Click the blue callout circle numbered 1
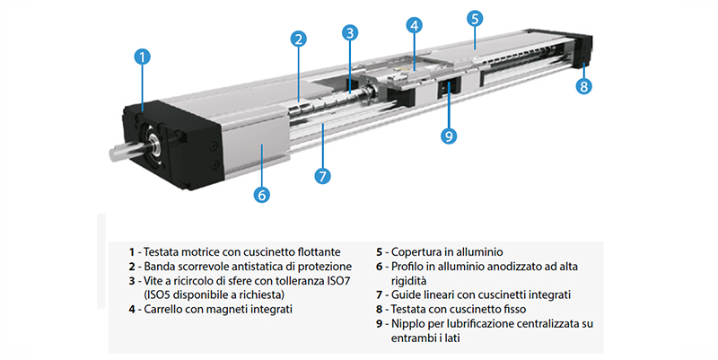pos(142,57)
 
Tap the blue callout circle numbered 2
pos(299,40)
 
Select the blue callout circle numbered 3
pos(350,33)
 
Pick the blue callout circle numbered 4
pos(414,26)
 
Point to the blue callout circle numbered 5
pos(475,19)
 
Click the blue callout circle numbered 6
pos(261,195)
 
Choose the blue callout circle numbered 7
pos(322,176)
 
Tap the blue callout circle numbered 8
pos(583,86)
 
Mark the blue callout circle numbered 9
pos(449,136)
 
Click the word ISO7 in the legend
pos(338,281)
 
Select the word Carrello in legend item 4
pos(162,309)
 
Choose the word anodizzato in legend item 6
pos(490,266)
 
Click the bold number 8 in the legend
pos(379,309)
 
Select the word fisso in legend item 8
pos(513,309)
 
